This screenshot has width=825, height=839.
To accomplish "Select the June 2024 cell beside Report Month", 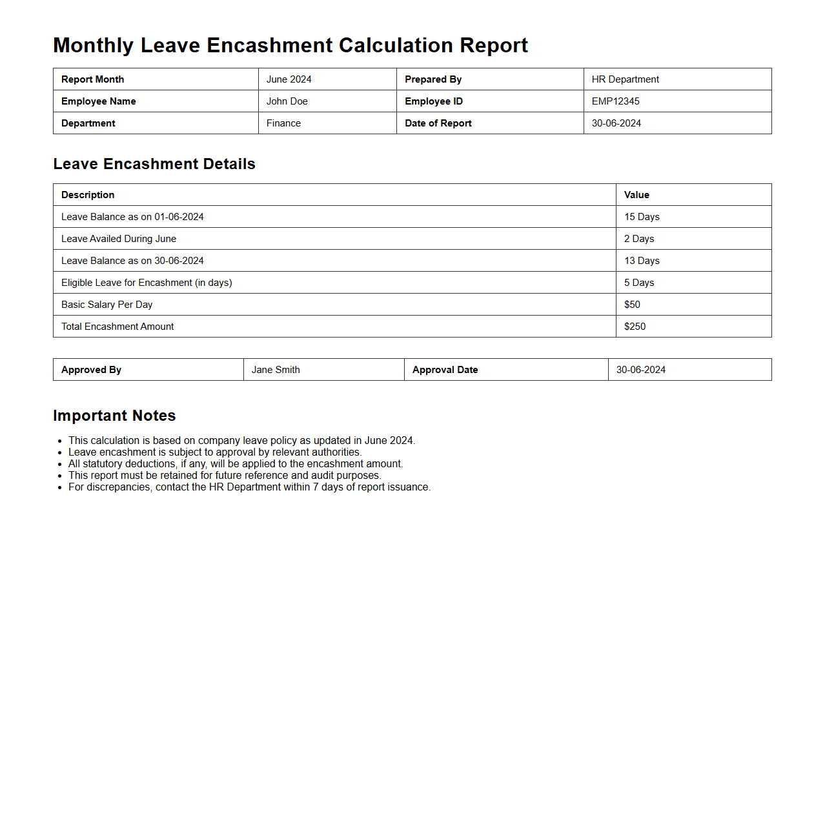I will click(x=289, y=79).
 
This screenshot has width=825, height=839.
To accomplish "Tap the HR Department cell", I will click(x=625, y=79).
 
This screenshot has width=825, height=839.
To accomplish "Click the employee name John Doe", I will click(x=287, y=101).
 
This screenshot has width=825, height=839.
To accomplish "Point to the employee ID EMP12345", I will click(x=615, y=101).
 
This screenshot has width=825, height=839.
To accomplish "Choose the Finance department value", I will click(x=283, y=123).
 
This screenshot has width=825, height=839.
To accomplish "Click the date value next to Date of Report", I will click(x=616, y=123).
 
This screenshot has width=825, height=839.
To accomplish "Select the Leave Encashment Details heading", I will click(x=154, y=164).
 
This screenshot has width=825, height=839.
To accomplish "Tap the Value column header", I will click(x=637, y=195).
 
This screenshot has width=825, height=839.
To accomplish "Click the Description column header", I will click(x=88, y=195).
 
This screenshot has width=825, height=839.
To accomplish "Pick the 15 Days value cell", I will click(x=642, y=217).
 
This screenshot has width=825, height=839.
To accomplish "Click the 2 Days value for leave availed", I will click(x=638, y=239).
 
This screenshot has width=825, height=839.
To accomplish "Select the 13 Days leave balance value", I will click(x=642, y=261).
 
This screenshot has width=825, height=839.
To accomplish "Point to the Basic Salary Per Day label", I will click(x=107, y=305).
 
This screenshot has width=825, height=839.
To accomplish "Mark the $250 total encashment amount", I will click(x=635, y=327).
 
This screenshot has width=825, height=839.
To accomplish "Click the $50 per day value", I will click(x=632, y=305).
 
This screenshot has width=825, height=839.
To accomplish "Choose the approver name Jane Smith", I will click(x=276, y=370).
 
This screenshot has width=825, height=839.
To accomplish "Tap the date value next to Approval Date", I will click(x=640, y=370).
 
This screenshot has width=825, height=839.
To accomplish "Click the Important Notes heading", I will click(x=114, y=416).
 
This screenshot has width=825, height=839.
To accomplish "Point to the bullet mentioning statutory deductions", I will click(x=236, y=464).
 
